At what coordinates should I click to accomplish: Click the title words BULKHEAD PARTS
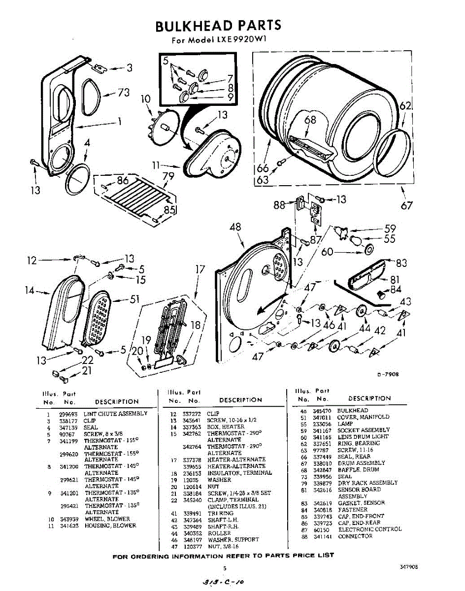coord(218,25)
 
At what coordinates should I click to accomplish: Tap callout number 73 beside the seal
coord(123,93)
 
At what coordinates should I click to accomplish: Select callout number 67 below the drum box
coord(406,205)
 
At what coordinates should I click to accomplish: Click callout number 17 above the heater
coord(199,269)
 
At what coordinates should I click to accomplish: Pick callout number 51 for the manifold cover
coord(134,299)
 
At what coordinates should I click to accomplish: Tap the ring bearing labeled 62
coord(392,150)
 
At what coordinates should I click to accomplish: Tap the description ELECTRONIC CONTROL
coord(369,529)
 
